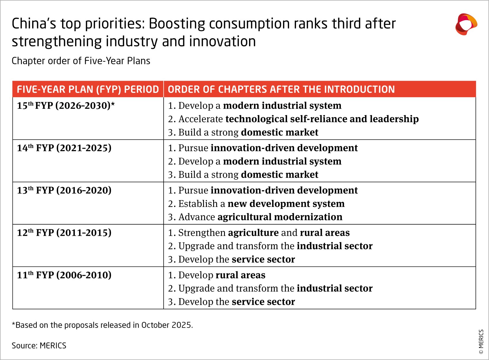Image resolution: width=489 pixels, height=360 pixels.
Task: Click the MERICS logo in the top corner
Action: tap(466, 24)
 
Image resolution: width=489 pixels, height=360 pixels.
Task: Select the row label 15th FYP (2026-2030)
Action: tap(66, 106)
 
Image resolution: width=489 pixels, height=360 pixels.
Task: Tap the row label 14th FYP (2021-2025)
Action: tap(64, 148)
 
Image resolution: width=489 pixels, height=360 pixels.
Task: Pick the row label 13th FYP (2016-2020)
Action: tap(64, 190)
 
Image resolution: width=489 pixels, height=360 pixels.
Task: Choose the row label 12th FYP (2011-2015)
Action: tap(64, 233)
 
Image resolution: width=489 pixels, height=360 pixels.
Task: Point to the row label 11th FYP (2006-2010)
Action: tap(64, 275)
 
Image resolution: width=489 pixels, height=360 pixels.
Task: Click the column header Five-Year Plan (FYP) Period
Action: tap(88, 89)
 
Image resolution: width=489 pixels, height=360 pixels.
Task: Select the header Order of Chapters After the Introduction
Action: tap(281, 89)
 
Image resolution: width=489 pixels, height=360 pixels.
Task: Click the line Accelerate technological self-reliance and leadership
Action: tap(293, 119)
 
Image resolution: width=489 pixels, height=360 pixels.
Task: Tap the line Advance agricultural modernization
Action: tap(255, 217)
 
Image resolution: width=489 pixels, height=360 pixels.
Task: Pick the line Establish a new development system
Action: tap(256, 204)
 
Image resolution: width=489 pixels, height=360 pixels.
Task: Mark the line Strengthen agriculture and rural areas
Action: tap(259, 233)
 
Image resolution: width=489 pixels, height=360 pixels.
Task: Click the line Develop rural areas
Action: tap(217, 275)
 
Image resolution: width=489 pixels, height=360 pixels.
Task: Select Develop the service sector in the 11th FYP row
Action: tap(231, 302)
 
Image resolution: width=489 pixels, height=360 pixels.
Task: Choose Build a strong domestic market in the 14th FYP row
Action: tap(243, 175)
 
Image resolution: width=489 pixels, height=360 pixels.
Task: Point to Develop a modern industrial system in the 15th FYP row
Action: tap(255, 106)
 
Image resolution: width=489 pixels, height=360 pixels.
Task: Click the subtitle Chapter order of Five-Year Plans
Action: tap(81, 61)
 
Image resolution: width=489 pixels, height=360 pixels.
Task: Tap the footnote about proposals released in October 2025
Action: tap(102, 325)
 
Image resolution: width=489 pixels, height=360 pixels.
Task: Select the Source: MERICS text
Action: tap(39, 346)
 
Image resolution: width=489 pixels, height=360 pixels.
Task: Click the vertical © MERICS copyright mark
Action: tap(481, 342)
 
